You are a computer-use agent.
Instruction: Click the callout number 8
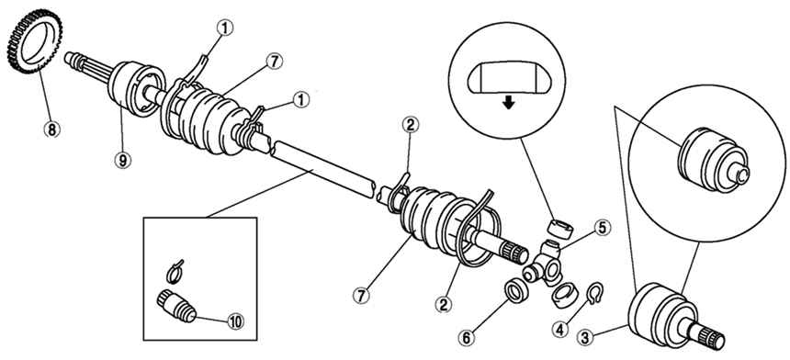click(51, 129)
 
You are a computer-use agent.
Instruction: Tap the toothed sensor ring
click(34, 41)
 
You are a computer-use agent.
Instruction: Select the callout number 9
click(122, 161)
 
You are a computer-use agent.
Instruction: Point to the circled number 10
click(235, 321)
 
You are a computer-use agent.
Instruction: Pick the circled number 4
click(562, 331)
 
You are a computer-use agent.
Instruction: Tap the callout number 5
click(602, 228)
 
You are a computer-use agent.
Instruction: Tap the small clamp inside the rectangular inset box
click(175, 272)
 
